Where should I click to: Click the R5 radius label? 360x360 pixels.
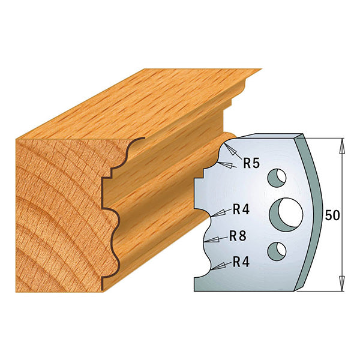click(x=251, y=163)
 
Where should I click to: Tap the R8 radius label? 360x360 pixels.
click(x=238, y=236)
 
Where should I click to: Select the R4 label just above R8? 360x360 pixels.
click(x=241, y=210)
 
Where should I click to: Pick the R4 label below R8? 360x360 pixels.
click(x=241, y=262)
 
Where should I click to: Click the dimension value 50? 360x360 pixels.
click(x=332, y=215)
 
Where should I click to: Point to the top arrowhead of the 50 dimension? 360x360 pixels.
click(x=342, y=144)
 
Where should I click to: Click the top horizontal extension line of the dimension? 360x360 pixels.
click(x=327, y=138)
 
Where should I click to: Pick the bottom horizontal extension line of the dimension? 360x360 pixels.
click(x=327, y=292)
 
